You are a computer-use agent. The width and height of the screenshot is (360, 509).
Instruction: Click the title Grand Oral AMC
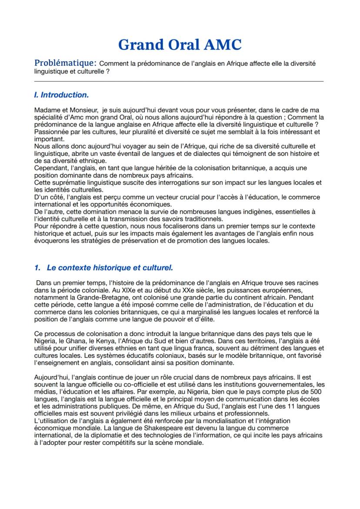point(180,44)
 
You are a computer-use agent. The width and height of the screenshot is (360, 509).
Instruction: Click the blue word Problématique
point(65,63)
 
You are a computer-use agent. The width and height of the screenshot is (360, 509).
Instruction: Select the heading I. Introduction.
point(61,94)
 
